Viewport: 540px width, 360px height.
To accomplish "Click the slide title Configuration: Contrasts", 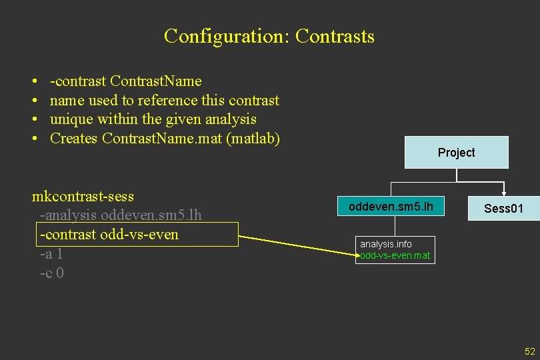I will pyautogui.click(x=269, y=36).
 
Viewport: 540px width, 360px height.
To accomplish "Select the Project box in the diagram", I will pyautogui.click(x=456, y=153).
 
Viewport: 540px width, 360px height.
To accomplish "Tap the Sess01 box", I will pyautogui.click(x=503, y=209).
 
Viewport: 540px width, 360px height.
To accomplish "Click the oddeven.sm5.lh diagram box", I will pyautogui.click(x=391, y=207).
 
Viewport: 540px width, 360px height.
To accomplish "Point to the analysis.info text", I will pyautogui.click(x=386, y=244).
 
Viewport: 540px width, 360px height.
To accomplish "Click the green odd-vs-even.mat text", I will pyautogui.click(x=395, y=255).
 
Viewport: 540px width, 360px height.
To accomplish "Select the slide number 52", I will pyautogui.click(x=530, y=351).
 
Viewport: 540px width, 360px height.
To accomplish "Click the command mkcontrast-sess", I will pyautogui.click(x=83, y=197).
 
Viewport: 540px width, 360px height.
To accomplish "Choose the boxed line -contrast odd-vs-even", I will pyautogui.click(x=109, y=235).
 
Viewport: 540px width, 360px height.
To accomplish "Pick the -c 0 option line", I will pyautogui.click(x=51, y=273).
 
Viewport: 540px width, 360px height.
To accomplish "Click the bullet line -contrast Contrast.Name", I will pyautogui.click(x=125, y=81).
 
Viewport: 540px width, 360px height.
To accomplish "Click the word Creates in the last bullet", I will pyautogui.click(x=74, y=139).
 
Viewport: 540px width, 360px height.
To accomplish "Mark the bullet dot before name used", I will pyautogui.click(x=34, y=101).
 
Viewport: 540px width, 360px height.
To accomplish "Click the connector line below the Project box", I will pyautogui.click(x=457, y=175).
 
